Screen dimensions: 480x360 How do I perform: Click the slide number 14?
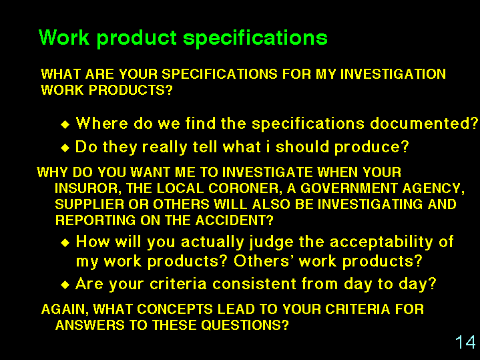465,342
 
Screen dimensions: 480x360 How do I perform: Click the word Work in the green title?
64,37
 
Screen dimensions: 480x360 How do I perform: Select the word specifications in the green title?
255,38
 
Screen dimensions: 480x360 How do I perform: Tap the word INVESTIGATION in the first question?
393,74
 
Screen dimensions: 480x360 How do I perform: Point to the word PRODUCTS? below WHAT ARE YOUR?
131,90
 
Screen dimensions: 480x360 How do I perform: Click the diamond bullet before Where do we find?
65,125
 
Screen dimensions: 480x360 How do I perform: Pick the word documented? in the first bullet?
424,123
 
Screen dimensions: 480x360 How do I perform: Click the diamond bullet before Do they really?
65,148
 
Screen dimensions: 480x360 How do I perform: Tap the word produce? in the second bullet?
372,148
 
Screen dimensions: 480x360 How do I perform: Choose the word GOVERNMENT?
348,188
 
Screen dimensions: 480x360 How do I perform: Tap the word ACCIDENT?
234,220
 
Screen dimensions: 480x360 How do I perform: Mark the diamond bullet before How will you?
65,243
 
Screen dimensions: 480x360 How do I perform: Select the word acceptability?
381,242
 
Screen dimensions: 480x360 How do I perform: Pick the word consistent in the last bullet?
254,284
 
